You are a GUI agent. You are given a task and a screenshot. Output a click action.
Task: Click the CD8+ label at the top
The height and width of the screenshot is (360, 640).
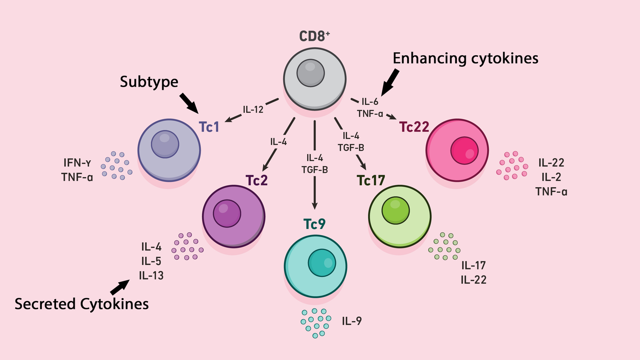click(x=314, y=36)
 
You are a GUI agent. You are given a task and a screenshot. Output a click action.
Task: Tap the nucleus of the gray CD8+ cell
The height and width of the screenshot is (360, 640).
click(x=311, y=73)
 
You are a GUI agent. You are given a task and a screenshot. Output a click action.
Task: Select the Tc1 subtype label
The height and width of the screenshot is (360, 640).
click(x=209, y=127)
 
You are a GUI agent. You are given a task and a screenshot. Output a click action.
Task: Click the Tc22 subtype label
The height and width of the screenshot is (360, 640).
click(x=414, y=127)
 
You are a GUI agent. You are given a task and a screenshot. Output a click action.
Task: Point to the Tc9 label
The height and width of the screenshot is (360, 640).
click(x=314, y=224)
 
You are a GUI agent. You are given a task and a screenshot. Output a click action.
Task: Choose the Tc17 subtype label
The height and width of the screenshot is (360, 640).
click(x=371, y=180)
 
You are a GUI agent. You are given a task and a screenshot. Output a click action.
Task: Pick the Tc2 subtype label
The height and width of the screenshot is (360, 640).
click(x=256, y=180)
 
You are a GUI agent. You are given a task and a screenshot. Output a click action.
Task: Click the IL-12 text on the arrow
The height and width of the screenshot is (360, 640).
click(x=253, y=109)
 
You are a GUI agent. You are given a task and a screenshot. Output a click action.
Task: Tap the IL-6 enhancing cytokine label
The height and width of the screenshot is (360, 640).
click(x=370, y=101)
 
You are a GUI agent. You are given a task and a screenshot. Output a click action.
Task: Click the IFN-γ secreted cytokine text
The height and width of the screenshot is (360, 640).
click(x=77, y=163)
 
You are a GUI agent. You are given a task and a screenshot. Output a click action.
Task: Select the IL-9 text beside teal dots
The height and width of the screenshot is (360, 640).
click(x=352, y=321)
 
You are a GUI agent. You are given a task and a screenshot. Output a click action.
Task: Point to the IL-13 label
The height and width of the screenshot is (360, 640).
click(x=151, y=276)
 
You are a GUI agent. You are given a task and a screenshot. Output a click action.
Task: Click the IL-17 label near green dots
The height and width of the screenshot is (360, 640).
click(x=473, y=265)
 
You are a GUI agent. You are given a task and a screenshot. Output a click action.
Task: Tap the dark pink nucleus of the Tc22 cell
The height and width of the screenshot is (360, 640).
click(x=464, y=151)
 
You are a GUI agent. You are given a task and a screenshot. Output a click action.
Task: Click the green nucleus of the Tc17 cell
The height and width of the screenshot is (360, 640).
click(x=396, y=211)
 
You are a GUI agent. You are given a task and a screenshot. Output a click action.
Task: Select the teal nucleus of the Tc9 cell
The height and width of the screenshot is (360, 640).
click(x=322, y=263)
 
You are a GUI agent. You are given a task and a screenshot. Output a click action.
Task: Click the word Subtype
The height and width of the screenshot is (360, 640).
click(x=149, y=82)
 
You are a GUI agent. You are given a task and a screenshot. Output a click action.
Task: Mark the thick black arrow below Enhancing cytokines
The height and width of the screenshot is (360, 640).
click(x=390, y=82)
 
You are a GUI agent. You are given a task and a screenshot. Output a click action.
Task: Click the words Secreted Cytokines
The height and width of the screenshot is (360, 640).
click(x=82, y=304)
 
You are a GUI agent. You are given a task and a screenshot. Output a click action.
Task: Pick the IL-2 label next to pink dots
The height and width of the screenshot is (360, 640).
click(x=551, y=177)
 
